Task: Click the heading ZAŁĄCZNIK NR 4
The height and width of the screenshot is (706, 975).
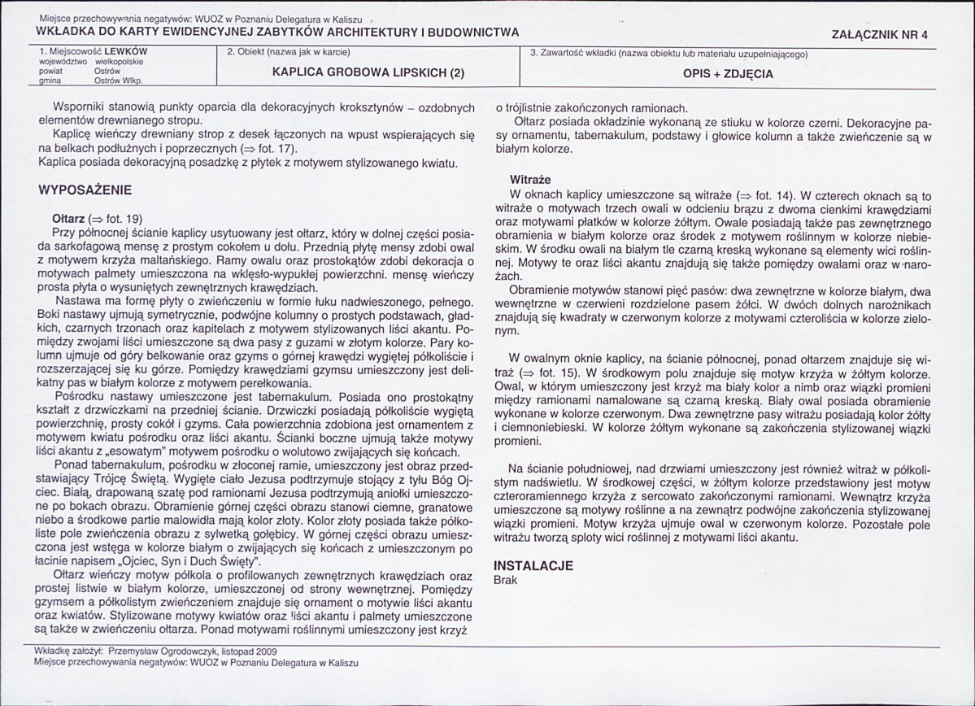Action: tap(880, 35)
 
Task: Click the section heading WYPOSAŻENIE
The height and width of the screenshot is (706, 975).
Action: tap(85, 190)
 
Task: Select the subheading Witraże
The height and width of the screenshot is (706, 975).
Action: tap(530, 180)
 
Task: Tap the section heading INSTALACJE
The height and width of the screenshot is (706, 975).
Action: tap(533, 566)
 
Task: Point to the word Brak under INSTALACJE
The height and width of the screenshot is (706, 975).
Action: tap(506, 580)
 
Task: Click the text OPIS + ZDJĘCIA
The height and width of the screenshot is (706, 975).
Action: tap(728, 73)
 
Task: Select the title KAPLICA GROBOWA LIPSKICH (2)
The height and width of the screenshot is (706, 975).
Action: tap(368, 72)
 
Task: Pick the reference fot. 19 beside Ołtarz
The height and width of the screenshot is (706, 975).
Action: tap(123, 218)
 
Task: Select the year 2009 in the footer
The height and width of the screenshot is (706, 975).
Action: tap(265, 652)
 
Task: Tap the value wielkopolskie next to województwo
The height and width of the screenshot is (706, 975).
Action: tap(120, 62)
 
